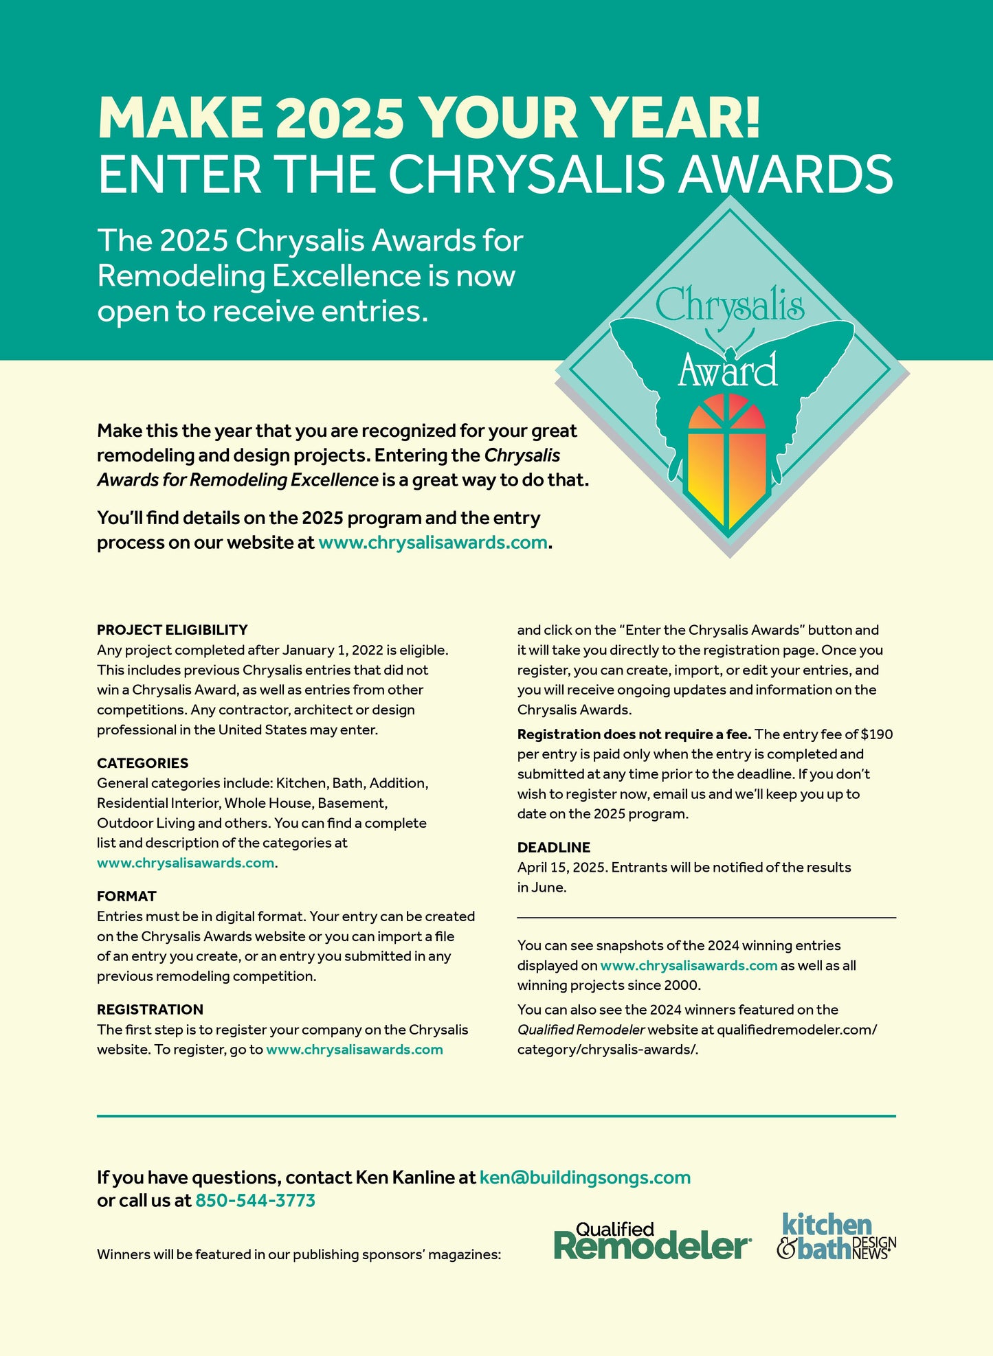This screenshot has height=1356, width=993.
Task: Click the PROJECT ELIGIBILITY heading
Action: tap(172, 630)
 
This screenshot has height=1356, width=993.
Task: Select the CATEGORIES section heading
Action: tap(142, 763)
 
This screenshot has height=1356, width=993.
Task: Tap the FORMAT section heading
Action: tap(126, 896)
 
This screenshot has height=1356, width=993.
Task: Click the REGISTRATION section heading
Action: tap(150, 1010)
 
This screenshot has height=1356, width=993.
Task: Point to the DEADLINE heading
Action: tap(553, 848)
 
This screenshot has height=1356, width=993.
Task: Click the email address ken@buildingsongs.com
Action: tap(585, 1177)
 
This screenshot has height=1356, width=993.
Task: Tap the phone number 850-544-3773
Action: tap(255, 1201)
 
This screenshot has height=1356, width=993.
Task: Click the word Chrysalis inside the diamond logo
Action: tap(729, 306)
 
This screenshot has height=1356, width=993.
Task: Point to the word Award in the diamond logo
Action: tap(728, 371)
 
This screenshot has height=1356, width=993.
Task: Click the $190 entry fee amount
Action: tap(876, 734)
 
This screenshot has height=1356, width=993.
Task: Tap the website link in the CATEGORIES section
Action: tap(186, 863)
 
